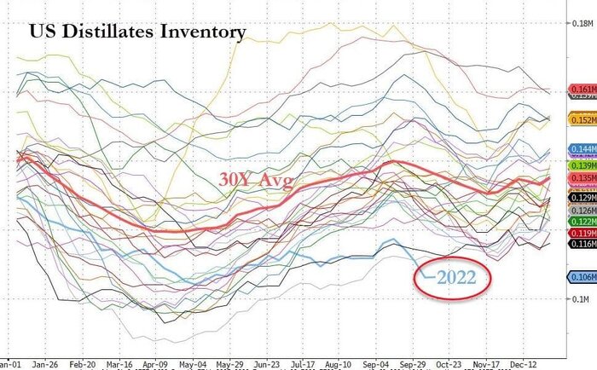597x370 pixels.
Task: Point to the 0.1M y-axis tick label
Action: coord(577,299)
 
